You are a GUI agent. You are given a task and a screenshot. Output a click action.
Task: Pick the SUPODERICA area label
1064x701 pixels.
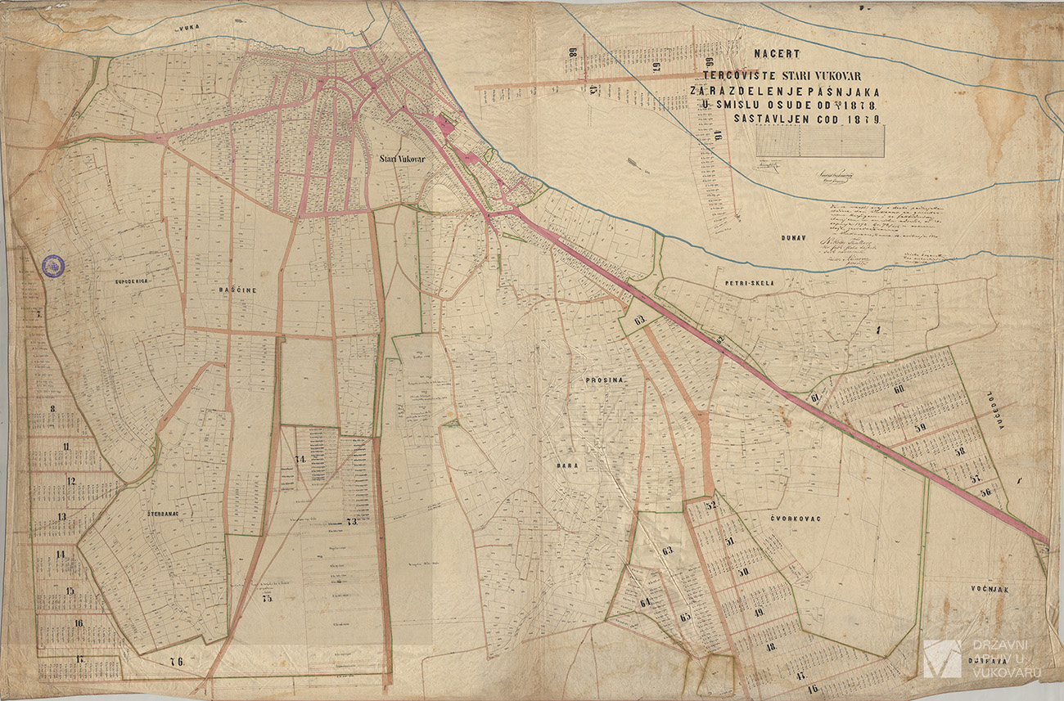tap(130, 281)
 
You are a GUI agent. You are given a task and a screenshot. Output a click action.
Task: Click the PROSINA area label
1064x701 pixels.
tap(604, 381)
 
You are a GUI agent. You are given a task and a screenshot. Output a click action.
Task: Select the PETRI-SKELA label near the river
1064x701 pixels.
tap(743, 284)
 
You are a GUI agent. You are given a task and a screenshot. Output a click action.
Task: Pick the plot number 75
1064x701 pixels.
tap(266, 598)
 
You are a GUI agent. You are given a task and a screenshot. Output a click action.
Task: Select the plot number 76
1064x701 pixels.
tap(176, 661)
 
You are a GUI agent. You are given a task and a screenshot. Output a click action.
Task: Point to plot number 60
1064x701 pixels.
tap(899, 389)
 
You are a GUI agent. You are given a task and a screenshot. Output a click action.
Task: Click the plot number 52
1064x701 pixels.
tap(710, 506)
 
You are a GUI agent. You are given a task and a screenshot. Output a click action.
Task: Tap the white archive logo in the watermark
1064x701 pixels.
tap(942, 658)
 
